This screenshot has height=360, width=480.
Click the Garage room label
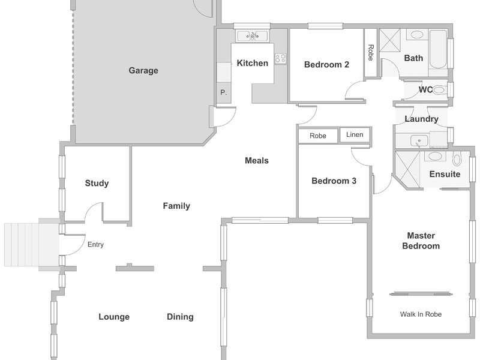click(x=143, y=71)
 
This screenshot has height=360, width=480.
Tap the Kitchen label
click(x=253, y=63)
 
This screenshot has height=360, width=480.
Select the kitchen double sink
click(x=253, y=36)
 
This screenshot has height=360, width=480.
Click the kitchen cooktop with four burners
click(x=280, y=58)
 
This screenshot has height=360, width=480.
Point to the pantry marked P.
click(x=224, y=92)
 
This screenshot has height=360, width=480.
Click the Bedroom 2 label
click(x=326, y=65)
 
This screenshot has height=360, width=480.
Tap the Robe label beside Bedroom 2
click(x=371, y=53)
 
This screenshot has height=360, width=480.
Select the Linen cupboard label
click(x=355, y=134)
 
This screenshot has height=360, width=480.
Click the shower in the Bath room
click(x=390, y=40)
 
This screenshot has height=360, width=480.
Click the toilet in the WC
click(x=440, y=90)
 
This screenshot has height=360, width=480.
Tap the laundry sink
click(x=419, y=141)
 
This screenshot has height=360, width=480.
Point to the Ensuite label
click(x=445, y=174)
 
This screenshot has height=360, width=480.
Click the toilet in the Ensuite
click(x=457, y=159)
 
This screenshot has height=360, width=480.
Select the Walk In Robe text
click(x=421, y=314)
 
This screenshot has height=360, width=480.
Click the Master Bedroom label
click(x=421, y=241)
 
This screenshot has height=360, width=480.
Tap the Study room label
click(x=97, y=184)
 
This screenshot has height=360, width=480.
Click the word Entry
click(x=95, y=244)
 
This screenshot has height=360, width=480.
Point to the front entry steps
click(x=22, y=245)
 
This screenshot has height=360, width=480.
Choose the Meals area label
click(x=257, y=160)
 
